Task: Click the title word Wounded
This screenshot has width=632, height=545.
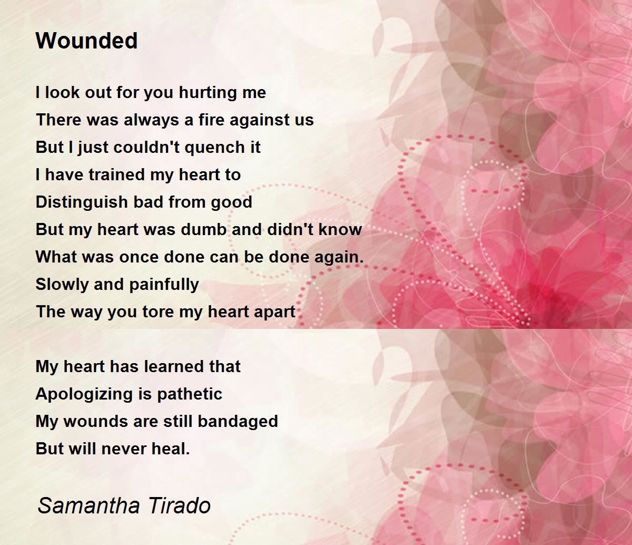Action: pyautogui.click(x=87, y=41)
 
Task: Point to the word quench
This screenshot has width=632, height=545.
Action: pyautogui.click(x=203, y=148)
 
